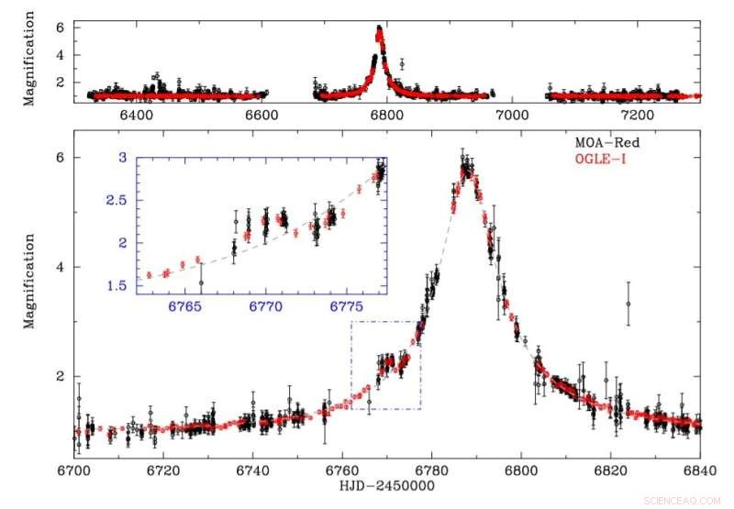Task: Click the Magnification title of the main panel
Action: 29,281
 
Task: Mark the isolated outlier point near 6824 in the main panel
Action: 628,304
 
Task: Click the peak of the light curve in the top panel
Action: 379,30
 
